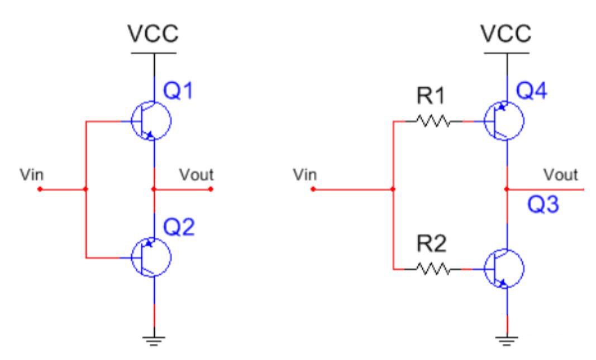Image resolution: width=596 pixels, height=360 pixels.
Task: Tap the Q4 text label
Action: click(x=536, y=91)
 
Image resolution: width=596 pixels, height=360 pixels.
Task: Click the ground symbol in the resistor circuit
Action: click(x=507, y=339)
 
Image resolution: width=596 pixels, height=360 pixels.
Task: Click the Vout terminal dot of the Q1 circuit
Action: click(x=211, y=189)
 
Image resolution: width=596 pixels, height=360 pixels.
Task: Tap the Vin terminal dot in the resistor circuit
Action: click(x=313, y=189)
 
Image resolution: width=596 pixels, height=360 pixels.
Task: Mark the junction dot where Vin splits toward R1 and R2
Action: click(x=393, y=189)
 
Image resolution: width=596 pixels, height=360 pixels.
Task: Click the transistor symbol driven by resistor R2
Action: click(x=504, y=269)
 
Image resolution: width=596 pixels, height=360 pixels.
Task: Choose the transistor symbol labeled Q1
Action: click(x=151, y=120)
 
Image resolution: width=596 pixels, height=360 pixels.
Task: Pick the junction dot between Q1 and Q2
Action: click(x=153, y=189)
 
